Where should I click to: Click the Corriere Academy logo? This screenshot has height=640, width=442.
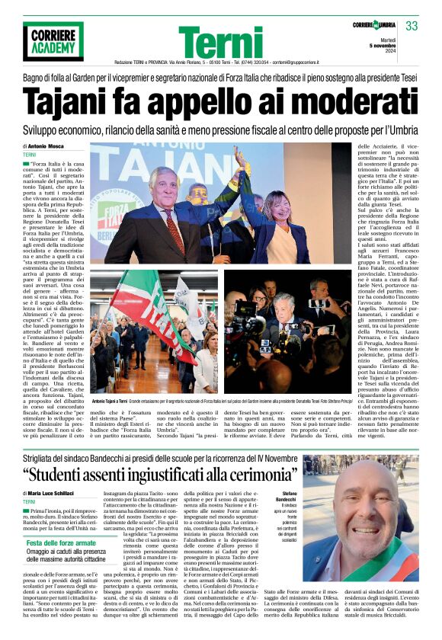[53, 41]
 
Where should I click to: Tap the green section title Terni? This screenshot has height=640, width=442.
[221, 42]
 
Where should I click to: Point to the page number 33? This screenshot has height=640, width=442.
[412, 27]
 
